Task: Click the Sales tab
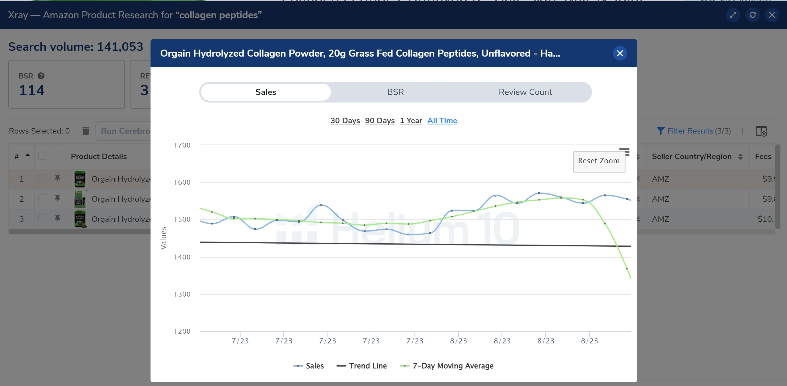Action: [x=265, y=92]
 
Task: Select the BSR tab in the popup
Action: [x=395, y=92]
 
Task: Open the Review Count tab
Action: [x=525, y=92]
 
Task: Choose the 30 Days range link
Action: [x=345, y=120]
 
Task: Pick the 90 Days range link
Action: [x=380, y=120]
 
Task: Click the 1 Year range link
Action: [x=411, y=120]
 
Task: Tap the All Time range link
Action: [x=442, y=120]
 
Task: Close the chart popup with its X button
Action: [x=619, y=53]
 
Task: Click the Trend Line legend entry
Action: [x=362, y=366]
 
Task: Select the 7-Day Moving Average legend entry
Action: [x=447, y=366]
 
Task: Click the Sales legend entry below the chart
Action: [x=309, y=366]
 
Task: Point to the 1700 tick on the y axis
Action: [x=182, y=145]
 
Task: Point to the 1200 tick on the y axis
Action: [x=182, y=331]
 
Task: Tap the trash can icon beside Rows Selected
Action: [x=85, y=131]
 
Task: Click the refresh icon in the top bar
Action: [x=752, y=15]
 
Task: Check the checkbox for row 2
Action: [x=42, y=199]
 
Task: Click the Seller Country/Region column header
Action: [x=692, y=156]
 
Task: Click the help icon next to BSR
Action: [x=41, y=76]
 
